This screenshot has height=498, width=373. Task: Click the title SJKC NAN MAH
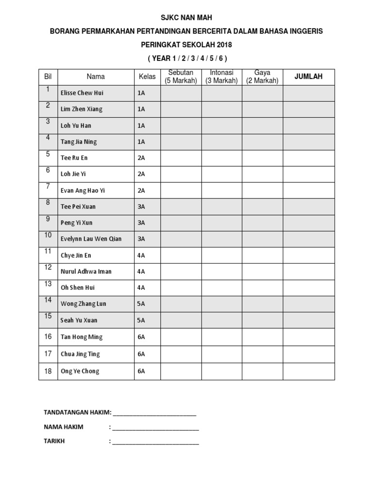click(186, 18)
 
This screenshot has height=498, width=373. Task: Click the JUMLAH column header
click(308, 76)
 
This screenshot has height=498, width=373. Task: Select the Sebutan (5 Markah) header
click(181, 76)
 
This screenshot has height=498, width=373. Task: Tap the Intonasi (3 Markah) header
click(221, 76)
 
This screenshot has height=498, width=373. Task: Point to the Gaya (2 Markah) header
click(262, 76)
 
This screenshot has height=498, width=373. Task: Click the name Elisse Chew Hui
click(82, 93)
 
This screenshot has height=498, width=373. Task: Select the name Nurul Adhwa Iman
click(86, 271)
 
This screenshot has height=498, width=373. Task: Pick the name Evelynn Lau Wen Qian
click(91, 239)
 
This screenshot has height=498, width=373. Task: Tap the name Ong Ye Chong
click(80, 371)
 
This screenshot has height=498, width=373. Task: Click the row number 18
click(48, 371)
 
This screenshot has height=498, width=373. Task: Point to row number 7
click(48, 186)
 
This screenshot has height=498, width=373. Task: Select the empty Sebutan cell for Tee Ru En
click(181, 158)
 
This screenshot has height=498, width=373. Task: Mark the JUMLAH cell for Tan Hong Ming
click(308, 337)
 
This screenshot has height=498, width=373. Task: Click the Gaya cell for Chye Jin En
click(262, 255)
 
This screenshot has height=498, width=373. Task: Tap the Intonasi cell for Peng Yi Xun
click(221, 223)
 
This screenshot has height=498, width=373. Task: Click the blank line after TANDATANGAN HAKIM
click(154, 414)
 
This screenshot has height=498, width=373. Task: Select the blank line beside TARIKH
click(155, 443)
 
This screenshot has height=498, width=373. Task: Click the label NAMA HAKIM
click(64, 427)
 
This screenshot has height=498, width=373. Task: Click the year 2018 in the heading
click(224, 45)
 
